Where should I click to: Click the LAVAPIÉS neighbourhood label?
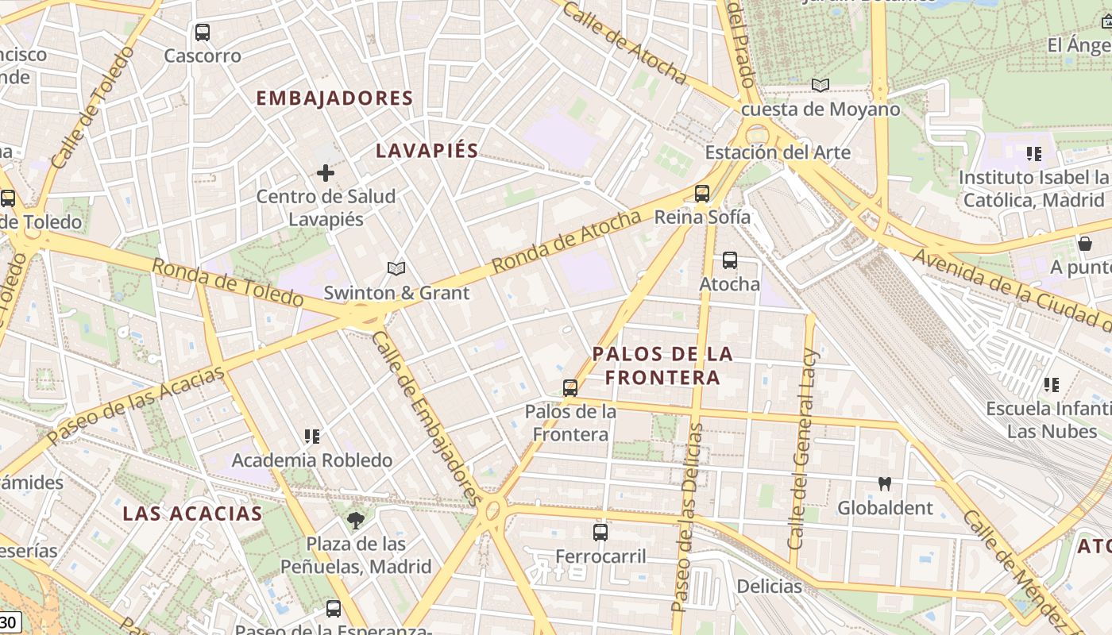427,151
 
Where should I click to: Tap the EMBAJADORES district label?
334,98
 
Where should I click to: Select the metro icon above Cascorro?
203,33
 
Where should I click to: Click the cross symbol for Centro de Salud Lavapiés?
326,172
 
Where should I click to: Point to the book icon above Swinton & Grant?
396,268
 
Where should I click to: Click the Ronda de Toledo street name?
227,283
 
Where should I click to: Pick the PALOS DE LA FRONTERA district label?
662,365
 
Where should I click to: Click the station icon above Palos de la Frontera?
570,388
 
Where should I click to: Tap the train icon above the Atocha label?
729,260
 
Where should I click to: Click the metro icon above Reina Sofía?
701,193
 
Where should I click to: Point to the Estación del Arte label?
778,152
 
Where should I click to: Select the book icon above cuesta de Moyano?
820,85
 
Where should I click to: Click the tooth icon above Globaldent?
884,483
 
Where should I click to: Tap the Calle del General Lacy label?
802,448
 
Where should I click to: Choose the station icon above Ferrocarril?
600,533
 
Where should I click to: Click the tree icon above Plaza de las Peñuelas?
355,521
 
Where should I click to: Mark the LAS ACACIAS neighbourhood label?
192,514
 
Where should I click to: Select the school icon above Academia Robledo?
312,437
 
